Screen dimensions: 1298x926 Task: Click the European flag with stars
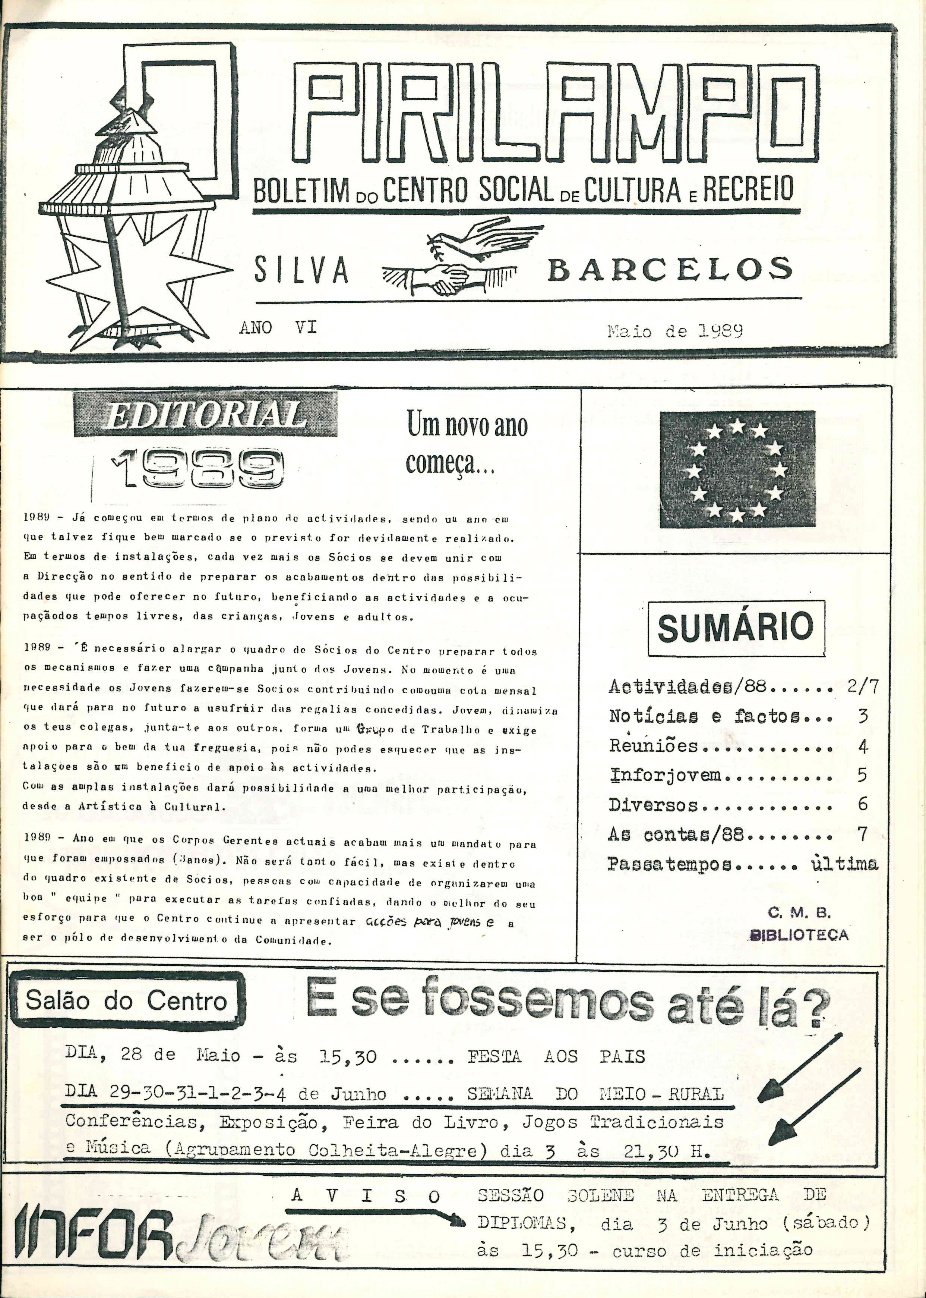(737, 469)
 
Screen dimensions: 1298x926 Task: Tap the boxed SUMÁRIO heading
(736, 627)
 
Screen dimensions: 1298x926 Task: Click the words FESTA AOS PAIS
(556, 1057)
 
